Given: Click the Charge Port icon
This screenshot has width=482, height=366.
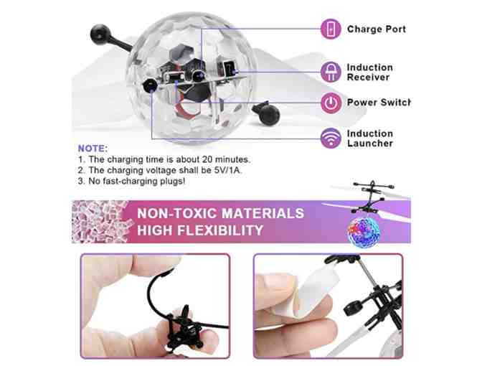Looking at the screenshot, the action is [x=331, y=29].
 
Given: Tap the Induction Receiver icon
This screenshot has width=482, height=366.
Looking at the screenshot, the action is [x=331, y=72].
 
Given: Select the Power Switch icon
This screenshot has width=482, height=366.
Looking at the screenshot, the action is [x=331, y=103].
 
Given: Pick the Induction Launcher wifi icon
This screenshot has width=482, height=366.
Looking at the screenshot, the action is [x=331, y=138].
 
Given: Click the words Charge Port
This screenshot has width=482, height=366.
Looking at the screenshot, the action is [x=377, y=29].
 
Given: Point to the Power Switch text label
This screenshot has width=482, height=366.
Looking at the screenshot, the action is [x=379, y=103].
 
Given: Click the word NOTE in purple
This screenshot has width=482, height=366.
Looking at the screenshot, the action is [x=93, y=149].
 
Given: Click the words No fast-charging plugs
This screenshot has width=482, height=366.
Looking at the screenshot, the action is [x=137, y=181].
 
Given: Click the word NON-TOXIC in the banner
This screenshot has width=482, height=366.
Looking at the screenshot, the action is [x=178, y=213].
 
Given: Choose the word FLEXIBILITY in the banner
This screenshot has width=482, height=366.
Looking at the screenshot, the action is [x=221, y=230].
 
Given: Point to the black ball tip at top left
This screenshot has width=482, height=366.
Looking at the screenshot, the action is [x=100, y=34].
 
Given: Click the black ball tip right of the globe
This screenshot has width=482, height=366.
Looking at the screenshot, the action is [x=269, y=115].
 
